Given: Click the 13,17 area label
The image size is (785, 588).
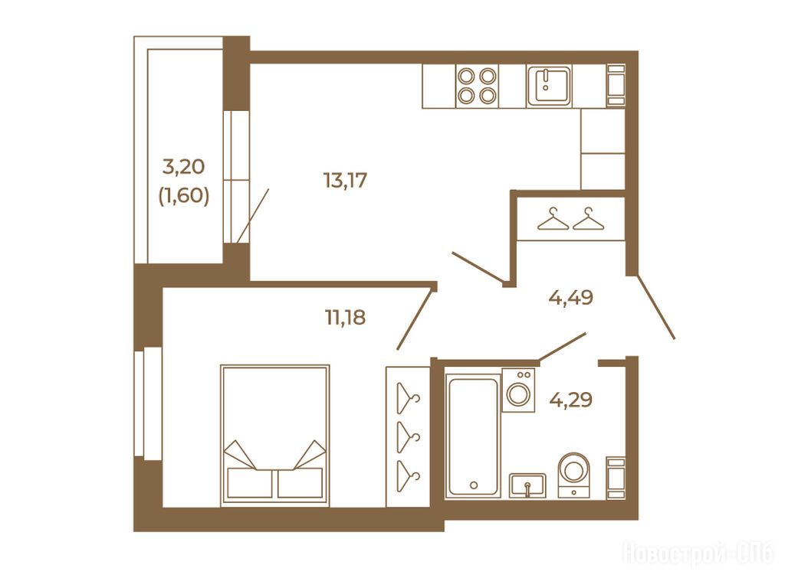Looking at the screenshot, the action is point(346,180).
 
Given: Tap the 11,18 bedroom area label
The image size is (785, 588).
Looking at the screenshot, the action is point(346,317).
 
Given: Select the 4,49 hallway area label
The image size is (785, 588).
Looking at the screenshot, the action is point(570,298).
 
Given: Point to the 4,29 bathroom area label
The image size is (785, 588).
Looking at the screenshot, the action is point(570,400).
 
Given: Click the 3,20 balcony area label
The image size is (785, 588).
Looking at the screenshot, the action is point(184,166).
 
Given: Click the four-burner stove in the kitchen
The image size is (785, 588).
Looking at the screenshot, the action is point(477,86).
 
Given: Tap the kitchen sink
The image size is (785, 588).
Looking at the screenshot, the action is point(549,86).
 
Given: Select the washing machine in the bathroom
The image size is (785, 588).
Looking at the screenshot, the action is point(518,390).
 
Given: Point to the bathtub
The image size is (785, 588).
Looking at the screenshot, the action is point(474,436).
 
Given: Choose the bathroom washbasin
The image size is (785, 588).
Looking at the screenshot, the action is point(527,485).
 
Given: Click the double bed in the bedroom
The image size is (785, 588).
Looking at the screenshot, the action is point(275,435).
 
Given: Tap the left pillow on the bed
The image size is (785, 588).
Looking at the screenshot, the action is point(249,482).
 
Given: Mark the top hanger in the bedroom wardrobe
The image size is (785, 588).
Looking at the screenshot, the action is point(408,398).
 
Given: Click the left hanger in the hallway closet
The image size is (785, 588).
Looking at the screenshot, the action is point(553,219).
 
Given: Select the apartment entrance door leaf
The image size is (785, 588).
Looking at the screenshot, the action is point(656,307).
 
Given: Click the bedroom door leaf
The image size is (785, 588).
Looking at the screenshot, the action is point(415,319).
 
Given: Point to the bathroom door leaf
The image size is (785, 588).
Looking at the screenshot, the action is point(562,347).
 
